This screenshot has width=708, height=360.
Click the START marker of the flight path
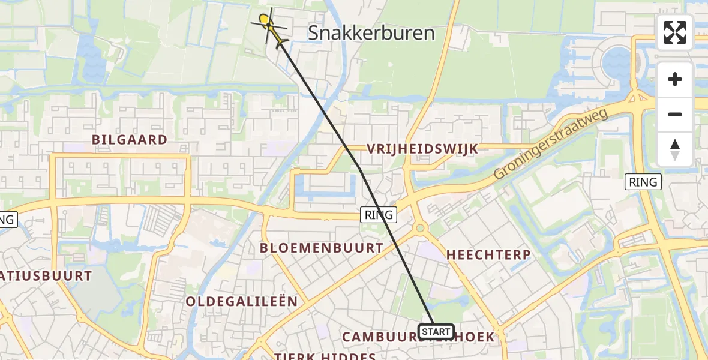[436, 331]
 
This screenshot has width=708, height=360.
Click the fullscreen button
[675, 32]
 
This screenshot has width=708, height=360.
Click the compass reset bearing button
[675, 149]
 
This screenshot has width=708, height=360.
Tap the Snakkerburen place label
[371, 33]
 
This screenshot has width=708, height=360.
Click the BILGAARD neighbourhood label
[129, 140]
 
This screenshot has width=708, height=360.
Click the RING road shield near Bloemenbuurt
[379, 214]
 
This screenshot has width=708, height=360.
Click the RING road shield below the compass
[643, 182]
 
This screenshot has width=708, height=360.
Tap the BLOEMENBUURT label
[321, 248]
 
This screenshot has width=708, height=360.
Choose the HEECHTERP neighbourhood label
[488, 255]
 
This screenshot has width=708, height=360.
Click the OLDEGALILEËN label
[241, 301]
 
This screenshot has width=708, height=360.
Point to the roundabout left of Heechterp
[419, 228]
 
